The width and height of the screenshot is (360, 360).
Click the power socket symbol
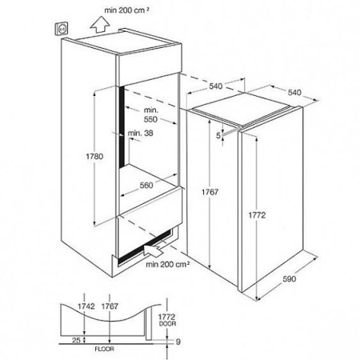[62, 29]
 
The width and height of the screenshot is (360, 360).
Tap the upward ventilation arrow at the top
[100, 24]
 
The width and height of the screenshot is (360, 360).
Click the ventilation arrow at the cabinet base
[154, 250]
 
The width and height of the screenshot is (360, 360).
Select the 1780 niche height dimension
[94, 156]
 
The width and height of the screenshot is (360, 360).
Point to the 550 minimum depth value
[150, 119]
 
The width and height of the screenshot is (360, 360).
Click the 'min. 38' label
[140, 133]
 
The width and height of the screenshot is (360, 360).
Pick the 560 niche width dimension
[146, 186]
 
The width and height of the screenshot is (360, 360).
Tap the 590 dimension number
[289, 278]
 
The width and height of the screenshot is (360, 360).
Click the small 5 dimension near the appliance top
[218, 136]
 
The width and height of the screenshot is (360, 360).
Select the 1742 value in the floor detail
[86, 306]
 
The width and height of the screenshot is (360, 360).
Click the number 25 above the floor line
[76, 340]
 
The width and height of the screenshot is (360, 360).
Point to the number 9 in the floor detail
[178, 342]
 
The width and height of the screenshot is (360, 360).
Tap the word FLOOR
[104, 349]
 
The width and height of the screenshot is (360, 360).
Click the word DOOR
[167, 323]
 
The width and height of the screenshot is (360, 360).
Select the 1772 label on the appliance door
[257, 215]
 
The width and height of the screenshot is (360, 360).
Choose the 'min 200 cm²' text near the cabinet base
[168, 264]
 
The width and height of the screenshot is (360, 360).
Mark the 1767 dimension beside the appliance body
[210, 192]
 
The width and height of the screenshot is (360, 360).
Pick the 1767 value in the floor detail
[110, 306]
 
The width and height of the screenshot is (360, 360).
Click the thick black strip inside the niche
[122, 126]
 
